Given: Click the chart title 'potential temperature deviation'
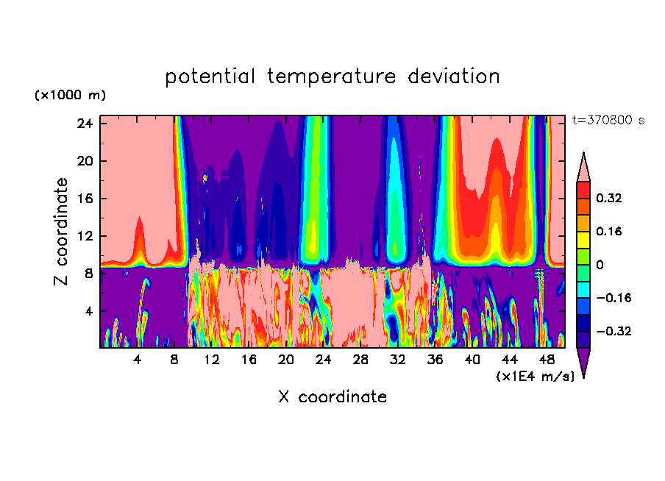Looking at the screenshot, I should pyautogui.click(x=332, y=76).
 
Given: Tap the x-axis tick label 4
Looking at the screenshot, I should pyautogui.click(x=137, y=360).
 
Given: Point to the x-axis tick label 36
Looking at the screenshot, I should pyautogui.click(x=435, y=360).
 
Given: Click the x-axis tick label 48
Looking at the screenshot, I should pyautogui.click(x=547, y=360).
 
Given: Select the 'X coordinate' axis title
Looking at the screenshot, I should pyautogui.click(x=332, y=397).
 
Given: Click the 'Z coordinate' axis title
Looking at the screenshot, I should pyautogui.click(x=62, y=232).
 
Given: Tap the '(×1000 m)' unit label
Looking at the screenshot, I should pyautogui.click(x=70, y=96).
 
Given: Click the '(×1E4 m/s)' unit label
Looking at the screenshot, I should pyautogui.click(x=535, y=377).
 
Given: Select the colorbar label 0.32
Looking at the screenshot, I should pyautogui.click(x=609, y=198).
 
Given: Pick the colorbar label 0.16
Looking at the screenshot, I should pyautogui.click(x=609, y=231).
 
